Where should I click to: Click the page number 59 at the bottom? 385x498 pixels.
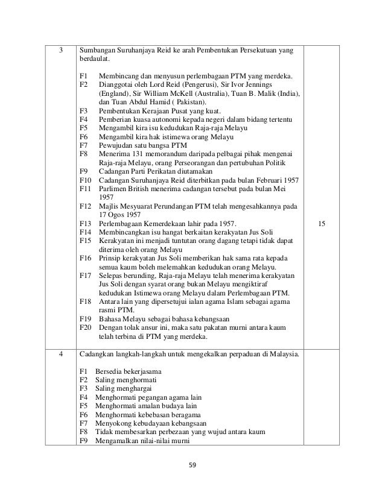click(192, 465)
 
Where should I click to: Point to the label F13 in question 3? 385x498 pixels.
click(84, 224)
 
